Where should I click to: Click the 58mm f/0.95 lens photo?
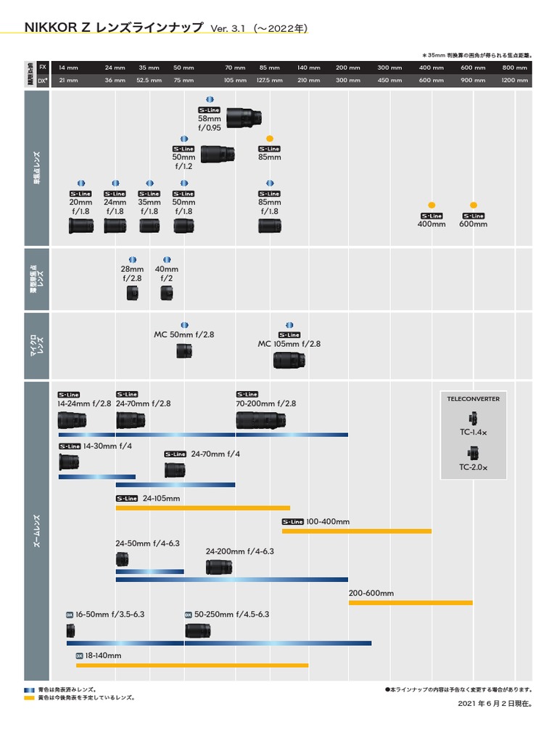(x=244, y=117)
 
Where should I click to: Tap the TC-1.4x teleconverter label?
(x=473, y=432)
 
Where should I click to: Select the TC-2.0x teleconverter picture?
(x=473, y=453)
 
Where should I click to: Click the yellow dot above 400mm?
(x=432, y=205)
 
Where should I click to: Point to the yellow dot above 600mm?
(x=474, y=205)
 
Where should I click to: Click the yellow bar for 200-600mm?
(x=410, y=602)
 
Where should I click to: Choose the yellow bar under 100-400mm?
(x=356, y=531)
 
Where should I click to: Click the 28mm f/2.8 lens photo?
(x=132, y=292)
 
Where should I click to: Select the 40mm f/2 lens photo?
(x=167, y=292)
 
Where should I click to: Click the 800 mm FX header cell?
(x=515, y=67)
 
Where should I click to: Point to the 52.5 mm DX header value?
(x=149, y=81)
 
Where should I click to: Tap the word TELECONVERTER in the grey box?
(x=473, y=398)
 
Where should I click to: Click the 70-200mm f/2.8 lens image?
(x=260, y=420)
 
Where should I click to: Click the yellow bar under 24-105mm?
(x=202, y=508)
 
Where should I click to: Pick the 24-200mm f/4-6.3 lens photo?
(x=218, y=567)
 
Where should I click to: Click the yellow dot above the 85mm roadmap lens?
(x=269, y=138)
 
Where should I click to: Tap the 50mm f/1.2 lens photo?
(x=217, y=153)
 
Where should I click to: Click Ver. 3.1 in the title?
(x=229, y=28)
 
